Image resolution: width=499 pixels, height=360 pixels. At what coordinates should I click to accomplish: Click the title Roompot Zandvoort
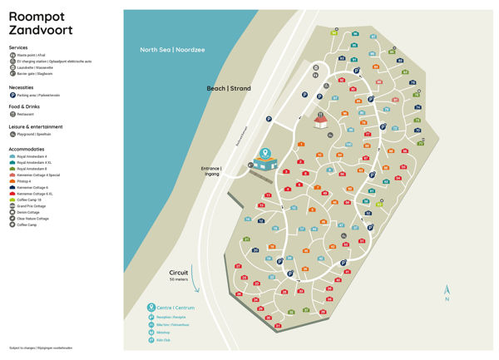point(40,24)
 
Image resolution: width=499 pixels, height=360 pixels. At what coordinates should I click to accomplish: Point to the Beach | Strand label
point(228,87)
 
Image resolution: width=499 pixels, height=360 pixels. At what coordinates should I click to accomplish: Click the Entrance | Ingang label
point(211,171)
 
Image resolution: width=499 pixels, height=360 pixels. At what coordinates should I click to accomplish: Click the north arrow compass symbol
point(447,291)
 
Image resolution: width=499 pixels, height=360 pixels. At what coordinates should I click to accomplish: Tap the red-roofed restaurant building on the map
point(320,122)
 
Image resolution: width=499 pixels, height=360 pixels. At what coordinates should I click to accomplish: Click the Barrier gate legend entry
point(33,74)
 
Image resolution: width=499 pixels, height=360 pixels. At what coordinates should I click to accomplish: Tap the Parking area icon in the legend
point(12,95)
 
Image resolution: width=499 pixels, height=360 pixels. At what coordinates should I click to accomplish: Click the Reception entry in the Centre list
point(170,317)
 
